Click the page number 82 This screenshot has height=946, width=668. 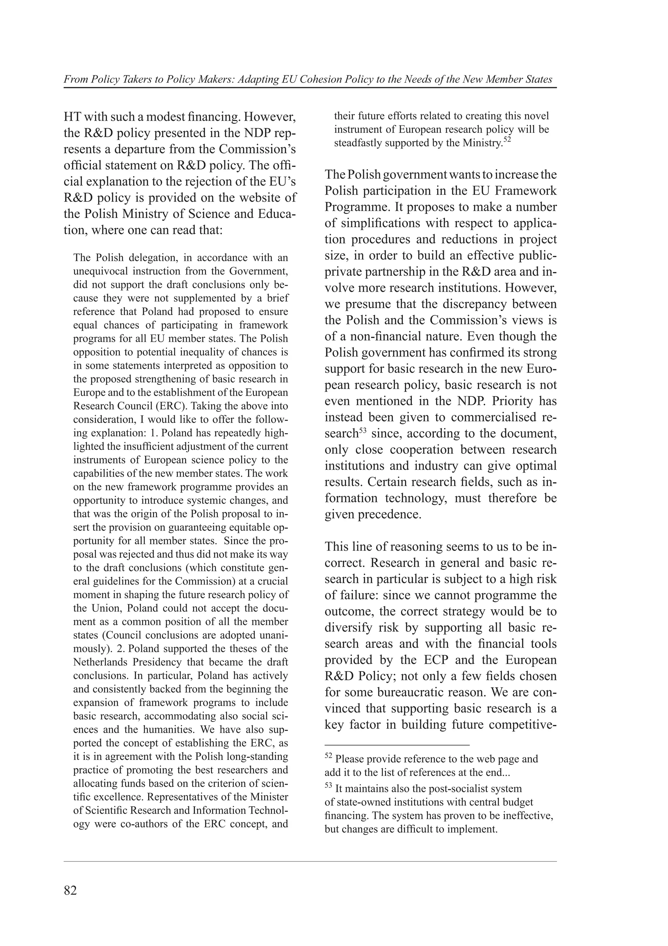(x=70, y=891)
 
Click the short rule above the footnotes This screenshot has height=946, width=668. (x=397, y=745)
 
